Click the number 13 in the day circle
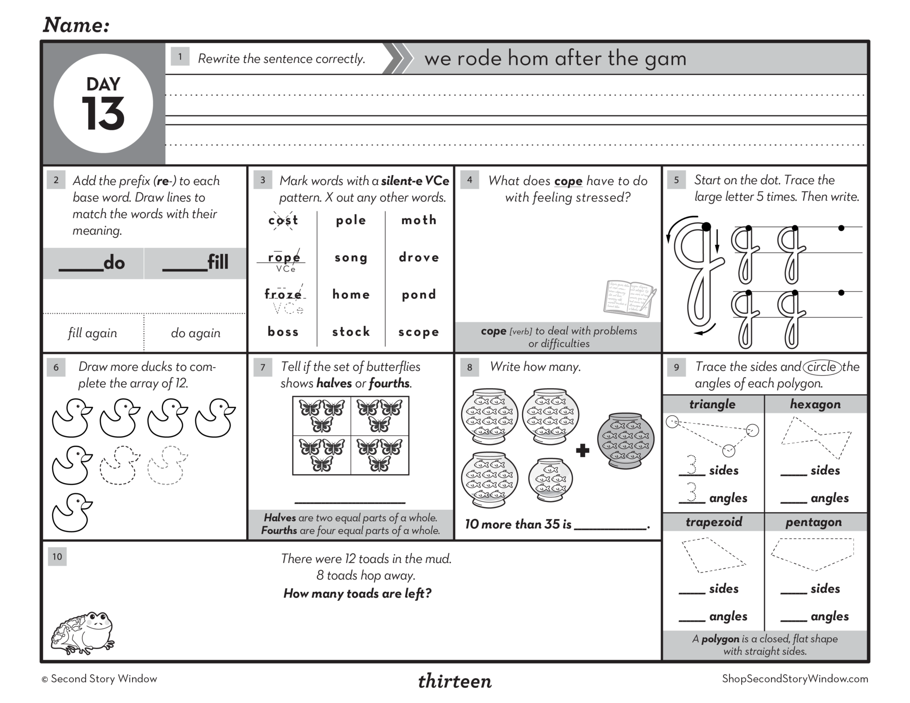103,114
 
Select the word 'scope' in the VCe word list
419,332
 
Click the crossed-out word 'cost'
283,220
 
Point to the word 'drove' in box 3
419,258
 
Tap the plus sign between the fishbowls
582,451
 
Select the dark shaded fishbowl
625,441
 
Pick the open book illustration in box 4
630,298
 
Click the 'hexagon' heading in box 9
815,404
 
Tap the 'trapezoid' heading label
714,522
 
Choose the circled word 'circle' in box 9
822,367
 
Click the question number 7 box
263,367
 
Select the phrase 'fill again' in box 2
92,333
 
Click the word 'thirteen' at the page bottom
455,681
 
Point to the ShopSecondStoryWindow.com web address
795,679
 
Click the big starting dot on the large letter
706,227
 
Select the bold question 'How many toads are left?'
357,594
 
